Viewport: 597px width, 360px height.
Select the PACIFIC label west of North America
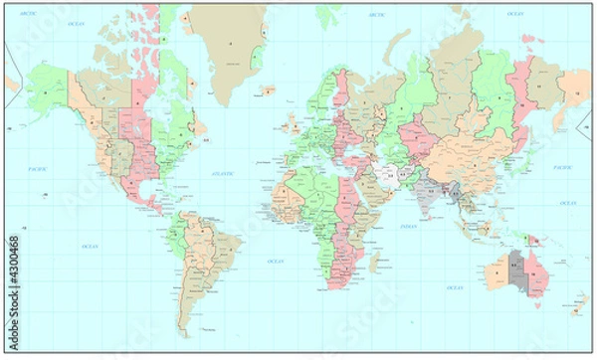tap(40, 170)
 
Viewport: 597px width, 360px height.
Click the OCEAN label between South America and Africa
tap(276, 262)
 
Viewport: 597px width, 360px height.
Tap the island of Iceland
tap(268, 91)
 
